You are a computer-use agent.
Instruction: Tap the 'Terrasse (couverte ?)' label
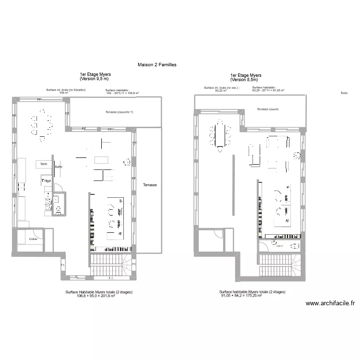[119, 112]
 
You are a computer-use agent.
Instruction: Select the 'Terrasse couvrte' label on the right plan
[268, 109]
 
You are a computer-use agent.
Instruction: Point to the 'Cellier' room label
[33, 239]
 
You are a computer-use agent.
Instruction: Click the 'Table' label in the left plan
[44, 164]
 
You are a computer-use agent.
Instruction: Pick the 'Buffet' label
[59, 167]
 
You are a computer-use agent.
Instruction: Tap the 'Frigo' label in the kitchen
[46, 180]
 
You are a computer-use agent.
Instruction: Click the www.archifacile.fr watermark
[330, 303]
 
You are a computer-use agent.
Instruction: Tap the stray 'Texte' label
[344, 93]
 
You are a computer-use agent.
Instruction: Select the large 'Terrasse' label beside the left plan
[150, 184]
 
